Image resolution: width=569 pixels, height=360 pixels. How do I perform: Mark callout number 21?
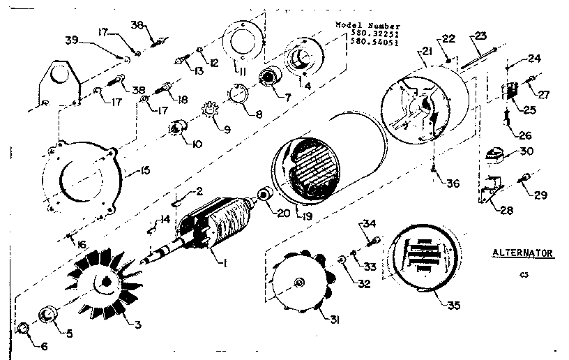426,52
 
